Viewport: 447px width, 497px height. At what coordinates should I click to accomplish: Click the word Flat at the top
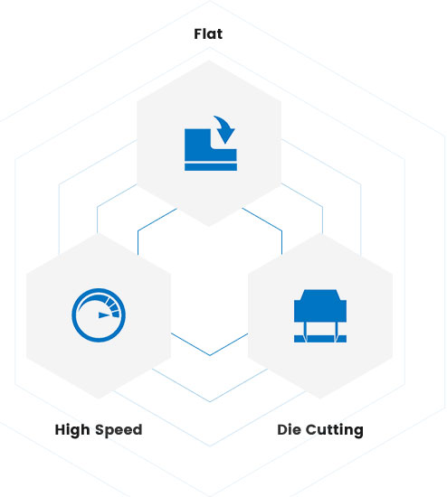(x=208, y=34)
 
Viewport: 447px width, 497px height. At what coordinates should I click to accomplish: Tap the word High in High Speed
(x=72, y=430)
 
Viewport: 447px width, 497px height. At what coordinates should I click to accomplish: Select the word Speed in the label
(x=119, y=430)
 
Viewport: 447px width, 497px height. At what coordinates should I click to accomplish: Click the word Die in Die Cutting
(x=289, y=430)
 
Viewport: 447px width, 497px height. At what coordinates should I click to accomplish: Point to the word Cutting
(x=335, y=430)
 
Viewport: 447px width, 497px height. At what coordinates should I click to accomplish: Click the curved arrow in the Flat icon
(x=224, y=129)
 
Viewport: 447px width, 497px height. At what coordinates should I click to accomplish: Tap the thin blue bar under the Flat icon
(x=211, y=167)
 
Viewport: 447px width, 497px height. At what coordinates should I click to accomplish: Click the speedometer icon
(x=99, y=315)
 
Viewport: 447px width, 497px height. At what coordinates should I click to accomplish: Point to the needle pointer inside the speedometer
(x=105, y=315)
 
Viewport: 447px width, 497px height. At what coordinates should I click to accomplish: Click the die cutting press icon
(x=320, y=316)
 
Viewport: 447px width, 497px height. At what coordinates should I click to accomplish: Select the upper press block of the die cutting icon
(x=320, y=305)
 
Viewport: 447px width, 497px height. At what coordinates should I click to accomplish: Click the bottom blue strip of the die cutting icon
(x=320, y=339)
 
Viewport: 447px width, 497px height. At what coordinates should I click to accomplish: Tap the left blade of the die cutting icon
(x=305, y=333)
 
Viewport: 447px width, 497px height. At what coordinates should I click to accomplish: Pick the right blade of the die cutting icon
(x=335, y=333)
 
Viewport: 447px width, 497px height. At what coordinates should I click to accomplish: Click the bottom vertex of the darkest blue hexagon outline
(x=210, y=355)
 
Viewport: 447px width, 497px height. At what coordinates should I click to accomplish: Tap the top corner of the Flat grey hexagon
(x=209, y=61)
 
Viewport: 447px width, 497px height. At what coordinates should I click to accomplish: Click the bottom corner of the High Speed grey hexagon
(x=99, y=399)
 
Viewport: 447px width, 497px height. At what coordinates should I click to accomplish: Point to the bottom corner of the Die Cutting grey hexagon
(x=320, y=399)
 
